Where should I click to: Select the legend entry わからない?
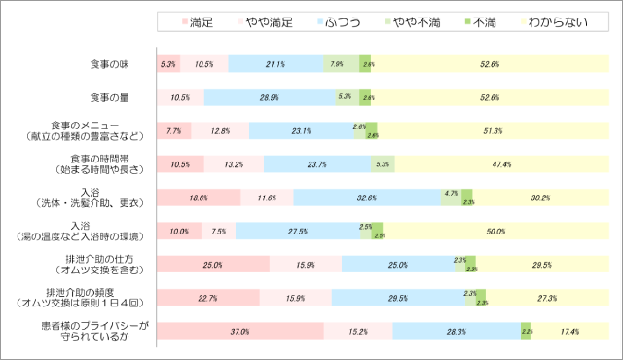[x=556, y=21]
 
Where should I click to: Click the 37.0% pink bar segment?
[x=239, y=331]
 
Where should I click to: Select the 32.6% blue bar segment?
[x=367, y=198]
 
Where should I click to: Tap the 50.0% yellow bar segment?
[x=495, y=231]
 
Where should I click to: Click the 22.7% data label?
[x=206, y=298]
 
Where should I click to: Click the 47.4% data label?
[x=501, y=164]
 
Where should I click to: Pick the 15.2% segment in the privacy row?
[x=358, y=331]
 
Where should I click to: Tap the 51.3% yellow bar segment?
[x=492, y=131]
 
